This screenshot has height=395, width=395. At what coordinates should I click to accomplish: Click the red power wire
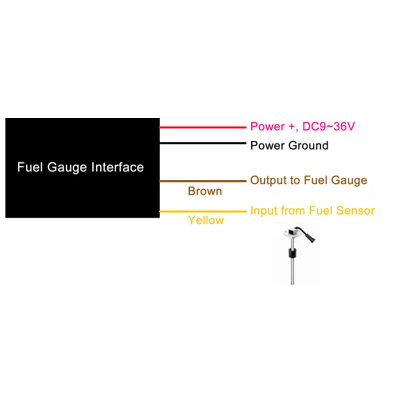202,127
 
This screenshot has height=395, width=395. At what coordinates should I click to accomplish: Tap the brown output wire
202,181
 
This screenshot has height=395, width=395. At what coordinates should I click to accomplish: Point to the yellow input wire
202,212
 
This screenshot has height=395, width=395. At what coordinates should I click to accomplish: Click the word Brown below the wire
205,191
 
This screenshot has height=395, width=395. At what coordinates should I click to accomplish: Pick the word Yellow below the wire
206,220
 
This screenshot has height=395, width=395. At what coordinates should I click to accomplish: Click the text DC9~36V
329,127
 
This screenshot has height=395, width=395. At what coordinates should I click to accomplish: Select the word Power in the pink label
267,127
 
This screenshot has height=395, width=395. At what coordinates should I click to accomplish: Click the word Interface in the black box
118,167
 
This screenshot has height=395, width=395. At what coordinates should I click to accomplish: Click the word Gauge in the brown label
349,181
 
